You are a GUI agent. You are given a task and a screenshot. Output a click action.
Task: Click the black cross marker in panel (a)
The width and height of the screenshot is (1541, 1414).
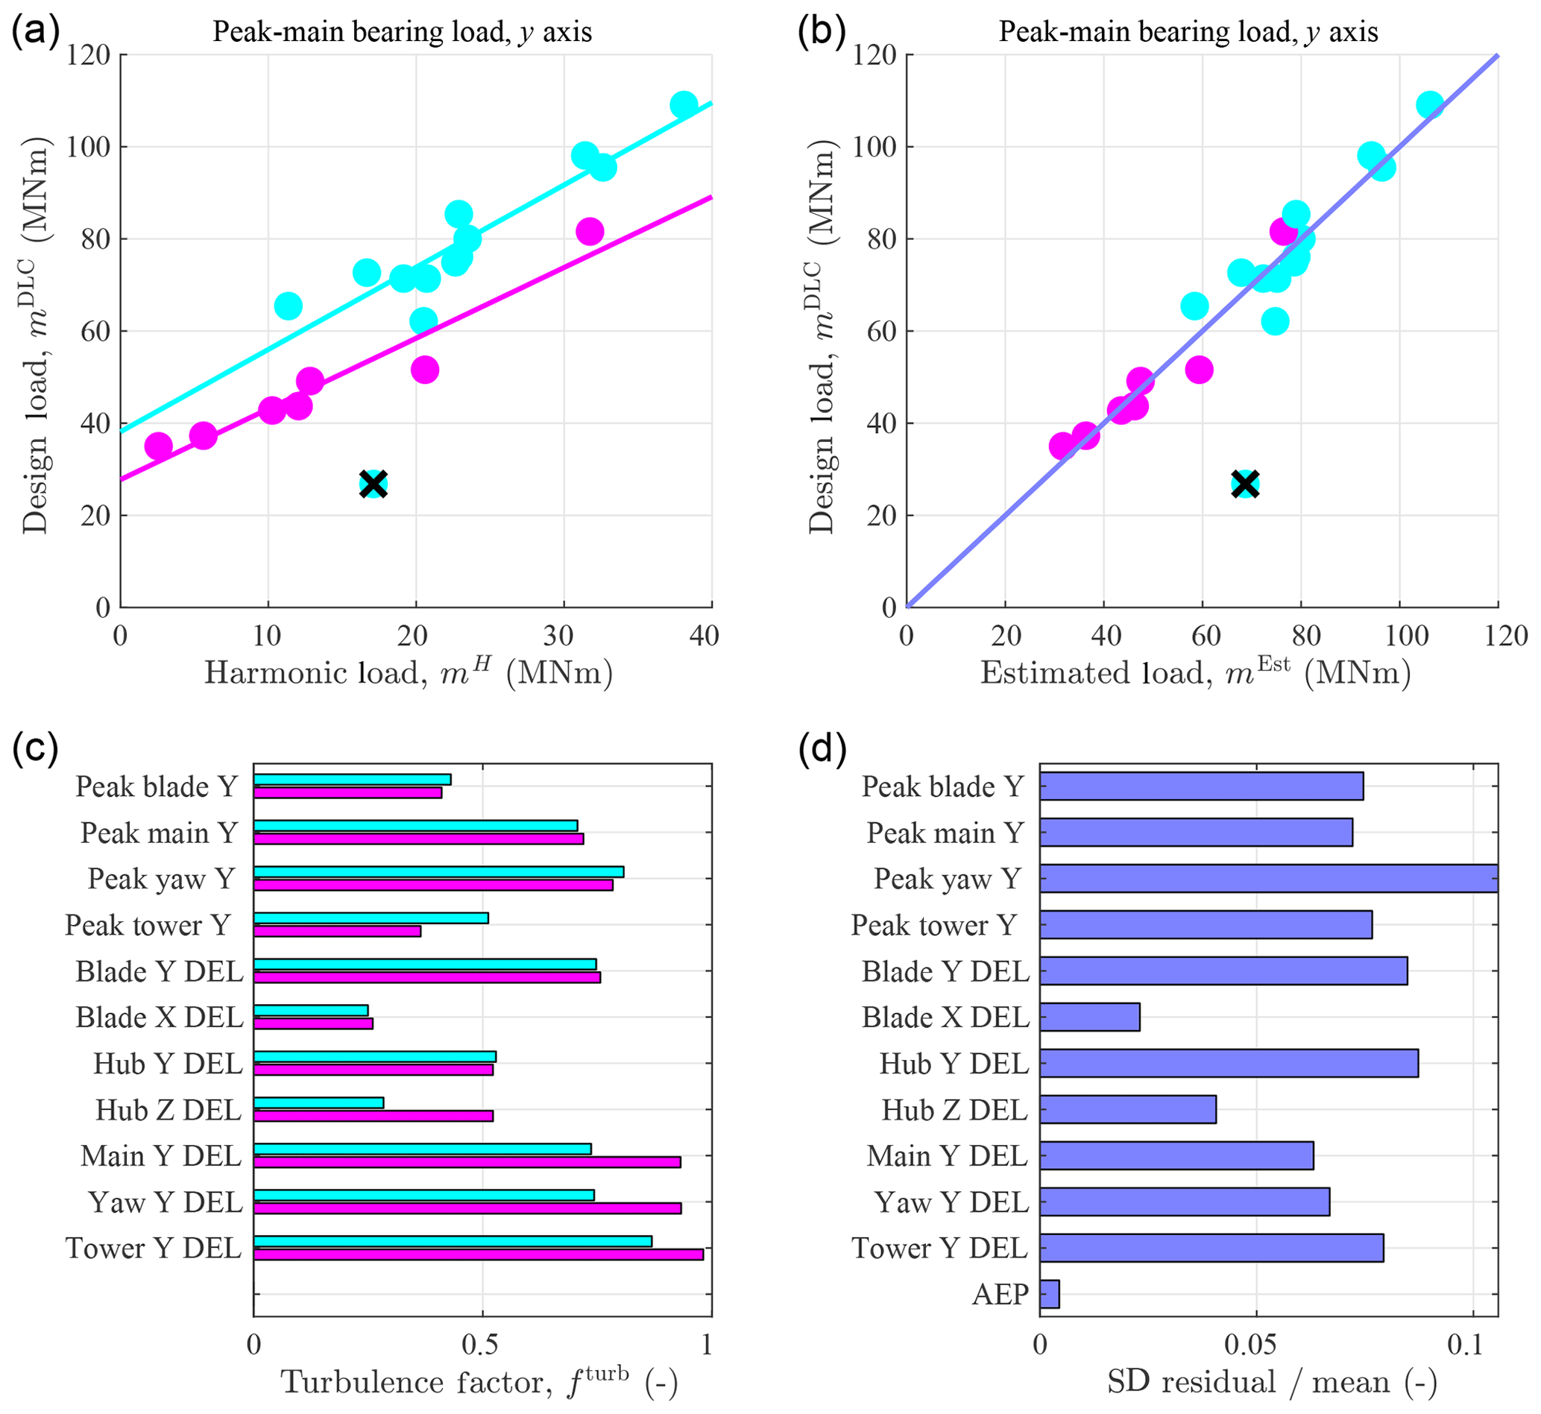pyautogui.click(x=374, y=484)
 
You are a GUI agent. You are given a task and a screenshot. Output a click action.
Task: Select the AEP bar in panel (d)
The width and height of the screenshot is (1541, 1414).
pyautogui.click(x=1049, y=1294)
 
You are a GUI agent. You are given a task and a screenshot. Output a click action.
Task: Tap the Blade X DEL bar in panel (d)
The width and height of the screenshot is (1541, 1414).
pyautogui.click(x=1089, y=1017)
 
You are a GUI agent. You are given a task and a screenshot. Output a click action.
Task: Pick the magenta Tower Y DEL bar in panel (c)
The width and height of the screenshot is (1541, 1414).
pyautogui.click(x=478, y=1254)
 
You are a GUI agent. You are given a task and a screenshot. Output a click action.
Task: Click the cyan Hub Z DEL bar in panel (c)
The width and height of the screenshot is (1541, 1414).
pyautogui.click(x=318, y=1102)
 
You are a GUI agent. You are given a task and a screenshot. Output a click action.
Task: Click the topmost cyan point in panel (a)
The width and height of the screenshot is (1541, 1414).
pyautogui.click(x=683, y=105)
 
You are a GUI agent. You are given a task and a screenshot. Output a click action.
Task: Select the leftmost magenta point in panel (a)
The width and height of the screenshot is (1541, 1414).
pyautogui.click(x=158, y=445)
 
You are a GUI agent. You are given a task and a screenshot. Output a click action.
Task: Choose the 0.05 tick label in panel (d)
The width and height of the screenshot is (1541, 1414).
pyautogui.click(x=1255, y=1345)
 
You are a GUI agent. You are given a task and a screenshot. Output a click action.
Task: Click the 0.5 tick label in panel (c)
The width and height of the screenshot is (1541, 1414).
pyautogui.click(x=481, y=1345)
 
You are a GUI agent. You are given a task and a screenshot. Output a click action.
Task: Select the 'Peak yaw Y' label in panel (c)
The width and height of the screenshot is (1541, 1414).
pyautogui.click(x=162, y=879)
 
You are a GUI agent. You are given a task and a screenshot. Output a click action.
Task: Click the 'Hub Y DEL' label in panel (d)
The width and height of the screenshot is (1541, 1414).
pyautogui.click(x=954, y=1064)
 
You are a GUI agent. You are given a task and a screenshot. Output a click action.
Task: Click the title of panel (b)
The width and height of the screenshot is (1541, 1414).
pyautogui.click(x=1188, y=32)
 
